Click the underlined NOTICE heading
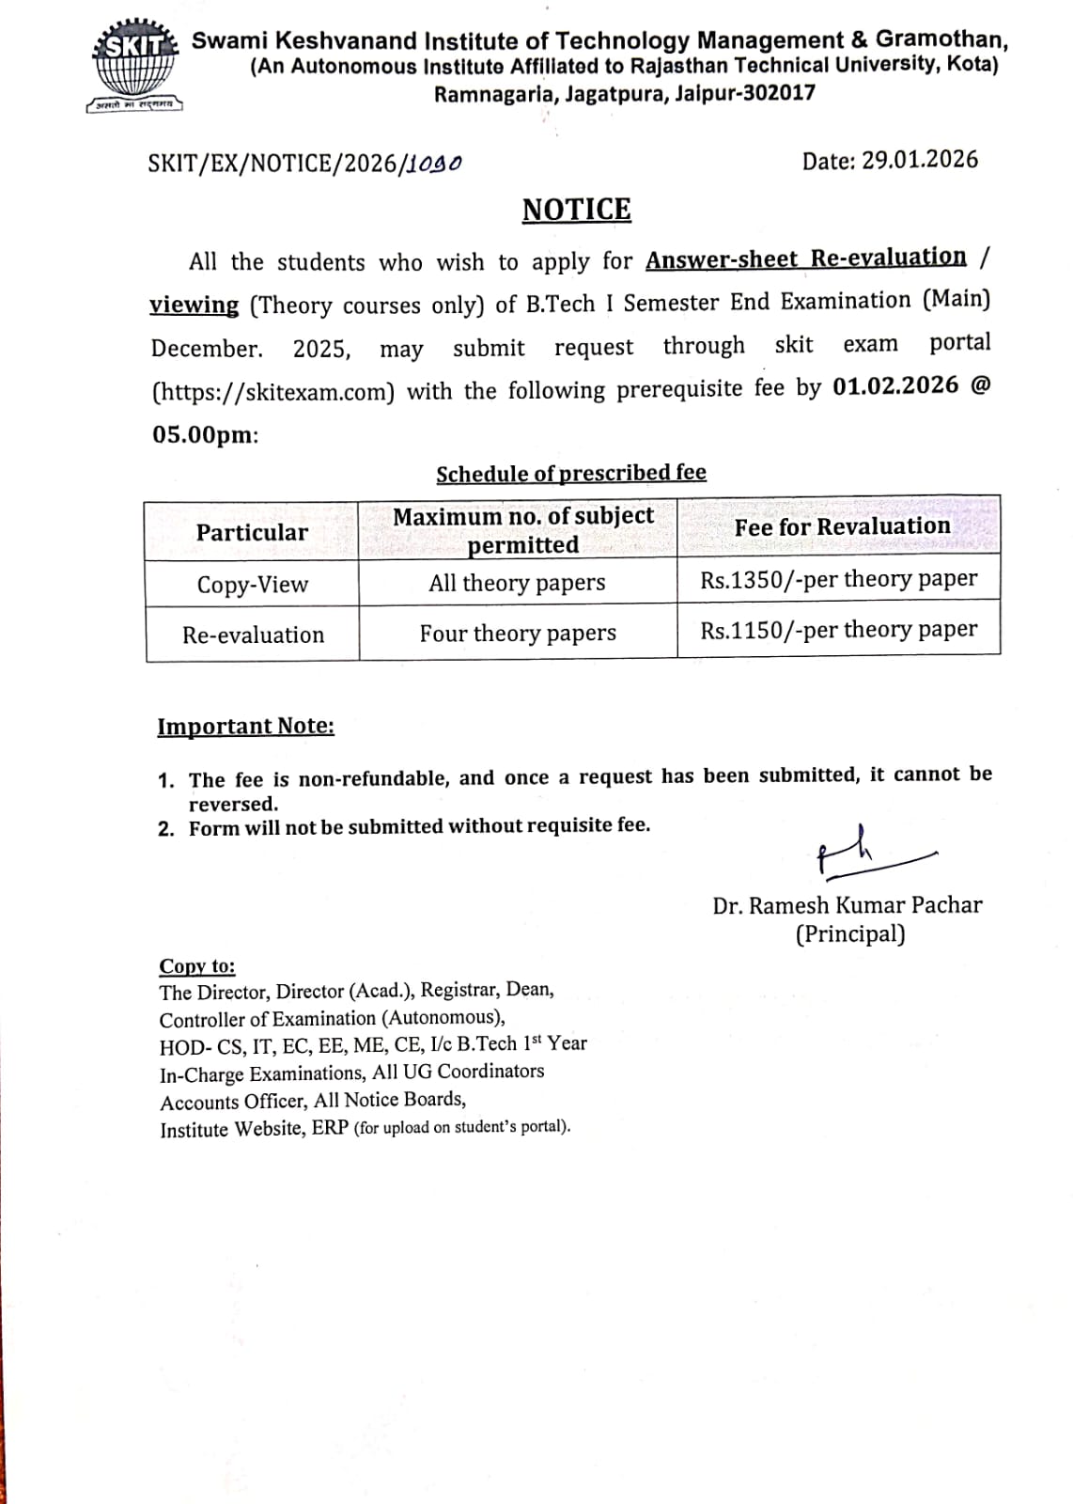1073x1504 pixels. point(576,210)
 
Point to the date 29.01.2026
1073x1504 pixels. point(920,160)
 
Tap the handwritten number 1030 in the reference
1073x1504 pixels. point(434,164)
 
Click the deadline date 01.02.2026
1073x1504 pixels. point(895,386)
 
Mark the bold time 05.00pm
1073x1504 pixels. point(203,435)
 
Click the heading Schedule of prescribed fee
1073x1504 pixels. point(570,473)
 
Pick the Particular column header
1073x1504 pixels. point(252,533)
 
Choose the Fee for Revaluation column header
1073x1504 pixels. point(842,526)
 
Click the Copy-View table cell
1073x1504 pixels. point(252,585)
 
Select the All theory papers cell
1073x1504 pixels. point(517,583)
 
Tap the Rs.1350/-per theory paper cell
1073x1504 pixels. point(838,579)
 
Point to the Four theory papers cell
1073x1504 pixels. point(518,634)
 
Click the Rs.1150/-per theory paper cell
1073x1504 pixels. point(838,630)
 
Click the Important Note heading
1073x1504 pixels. point(245,727)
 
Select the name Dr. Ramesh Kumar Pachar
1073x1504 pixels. point(847,905)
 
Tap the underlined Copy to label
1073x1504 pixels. point(197,966)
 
